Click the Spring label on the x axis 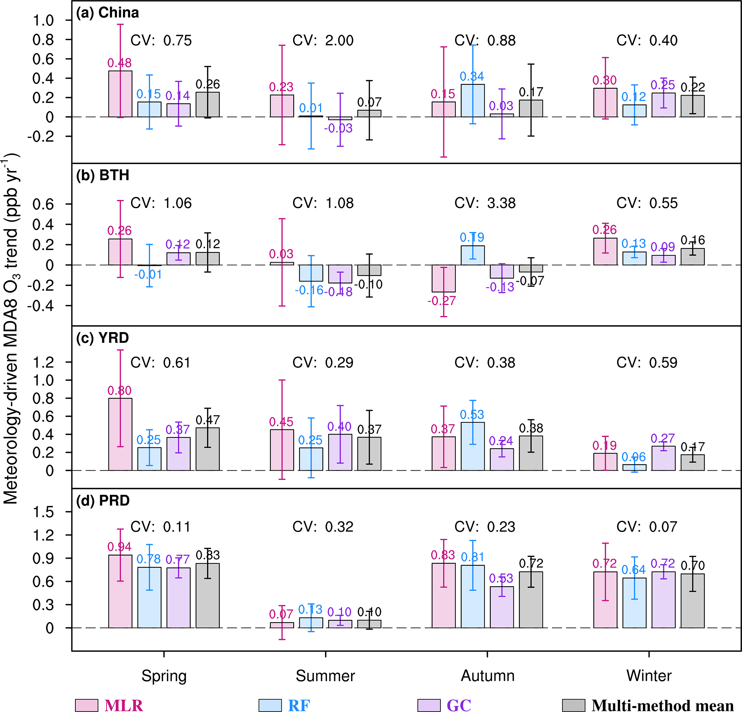164,676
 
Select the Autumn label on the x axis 487,676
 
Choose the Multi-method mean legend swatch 574,705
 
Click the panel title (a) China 108,13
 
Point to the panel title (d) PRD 103,500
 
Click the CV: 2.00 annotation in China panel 323,41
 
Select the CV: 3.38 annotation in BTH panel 485,203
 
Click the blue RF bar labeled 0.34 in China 473,101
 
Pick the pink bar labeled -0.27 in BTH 444,278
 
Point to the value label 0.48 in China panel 120,63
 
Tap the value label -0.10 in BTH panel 368,284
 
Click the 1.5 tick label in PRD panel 43,512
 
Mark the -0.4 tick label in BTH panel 41,306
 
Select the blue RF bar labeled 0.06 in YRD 634,467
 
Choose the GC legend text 459,705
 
